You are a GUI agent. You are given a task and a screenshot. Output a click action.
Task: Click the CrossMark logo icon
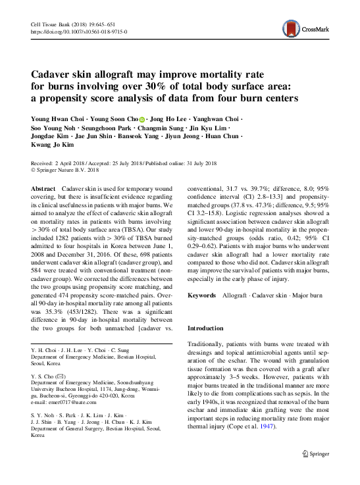click(x=292, y=27)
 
